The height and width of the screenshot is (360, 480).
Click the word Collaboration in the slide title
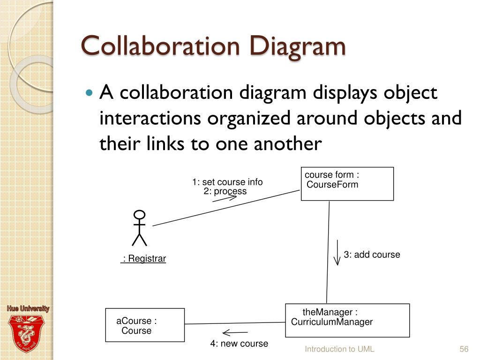point(160,46)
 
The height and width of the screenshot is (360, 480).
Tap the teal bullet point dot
point(89,92)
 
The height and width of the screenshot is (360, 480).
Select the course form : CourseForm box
point(347,184)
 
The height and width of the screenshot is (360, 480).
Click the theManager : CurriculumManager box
point(347,321)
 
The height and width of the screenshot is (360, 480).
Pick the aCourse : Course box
point(145,325)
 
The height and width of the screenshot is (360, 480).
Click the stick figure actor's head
point(139,215)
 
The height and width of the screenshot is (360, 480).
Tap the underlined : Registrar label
point(143,259)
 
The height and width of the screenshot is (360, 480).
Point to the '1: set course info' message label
point(227,182)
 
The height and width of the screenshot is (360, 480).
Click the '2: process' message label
point(225,191)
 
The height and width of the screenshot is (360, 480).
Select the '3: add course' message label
point(372,255)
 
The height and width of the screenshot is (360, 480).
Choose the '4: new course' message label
point(239,344)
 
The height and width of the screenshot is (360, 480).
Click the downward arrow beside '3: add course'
point(337,252)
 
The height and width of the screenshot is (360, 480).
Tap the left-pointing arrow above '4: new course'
point(235,332)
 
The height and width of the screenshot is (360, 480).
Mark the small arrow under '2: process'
point(225,198)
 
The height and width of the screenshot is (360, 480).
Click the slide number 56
point(464,349)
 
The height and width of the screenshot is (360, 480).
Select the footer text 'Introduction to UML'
point(339,349)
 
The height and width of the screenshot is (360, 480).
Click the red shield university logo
point(26,334)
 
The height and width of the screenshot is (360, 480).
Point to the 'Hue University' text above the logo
point(28,308)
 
